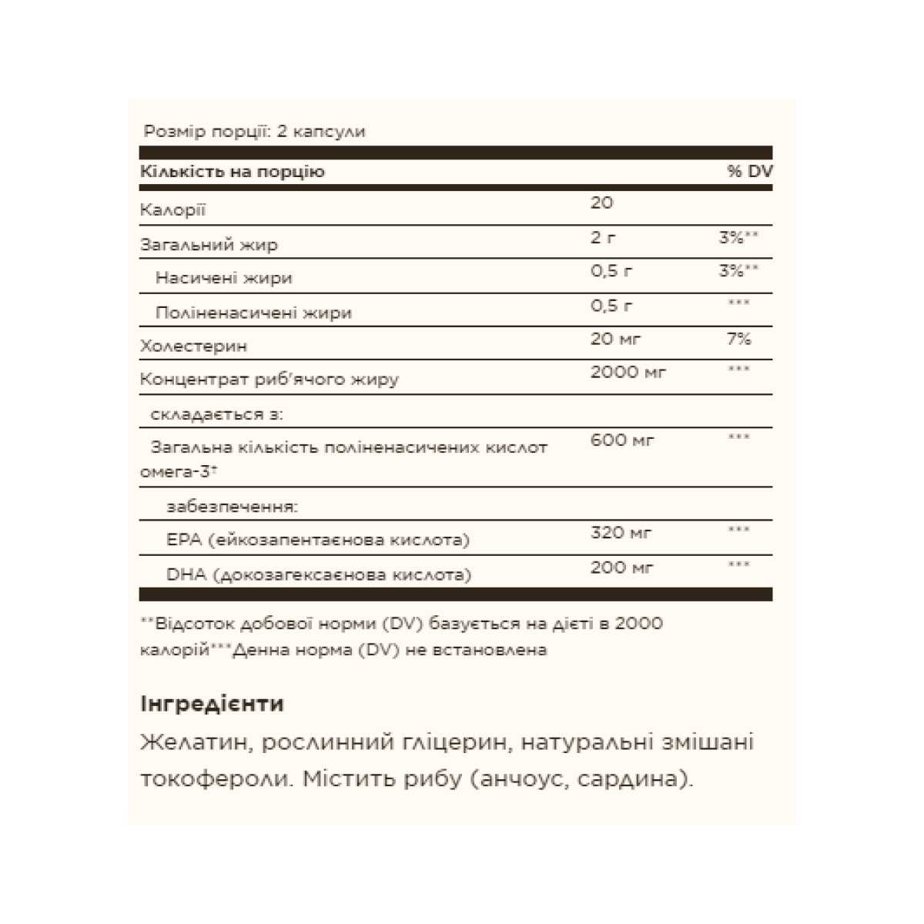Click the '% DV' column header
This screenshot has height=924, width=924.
pos(749,172)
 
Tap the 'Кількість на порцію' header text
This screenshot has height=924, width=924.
pos(233,172)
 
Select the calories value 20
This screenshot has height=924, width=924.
pos(602,203)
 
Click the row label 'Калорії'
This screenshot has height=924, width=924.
pos(173,210)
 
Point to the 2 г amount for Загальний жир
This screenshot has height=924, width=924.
pos(603,238)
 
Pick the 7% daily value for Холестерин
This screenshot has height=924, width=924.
pos(738,339)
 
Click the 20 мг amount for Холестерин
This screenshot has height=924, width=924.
pos(615,339)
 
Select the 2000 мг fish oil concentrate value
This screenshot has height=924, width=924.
pos(628,373)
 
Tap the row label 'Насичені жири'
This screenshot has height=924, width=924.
pos(224,278)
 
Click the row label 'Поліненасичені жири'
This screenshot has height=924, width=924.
pos(253,313)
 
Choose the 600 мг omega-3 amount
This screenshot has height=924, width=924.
pos(622,440)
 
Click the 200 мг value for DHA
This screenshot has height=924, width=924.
pos(621,567)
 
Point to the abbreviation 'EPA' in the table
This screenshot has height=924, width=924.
pos(183,540)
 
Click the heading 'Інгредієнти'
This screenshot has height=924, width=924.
pos(213,704)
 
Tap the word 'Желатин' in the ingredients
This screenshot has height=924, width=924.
pos(193,742)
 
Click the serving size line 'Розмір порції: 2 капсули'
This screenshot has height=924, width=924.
pos(255,132)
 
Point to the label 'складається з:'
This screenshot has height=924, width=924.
pos(217,414)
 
